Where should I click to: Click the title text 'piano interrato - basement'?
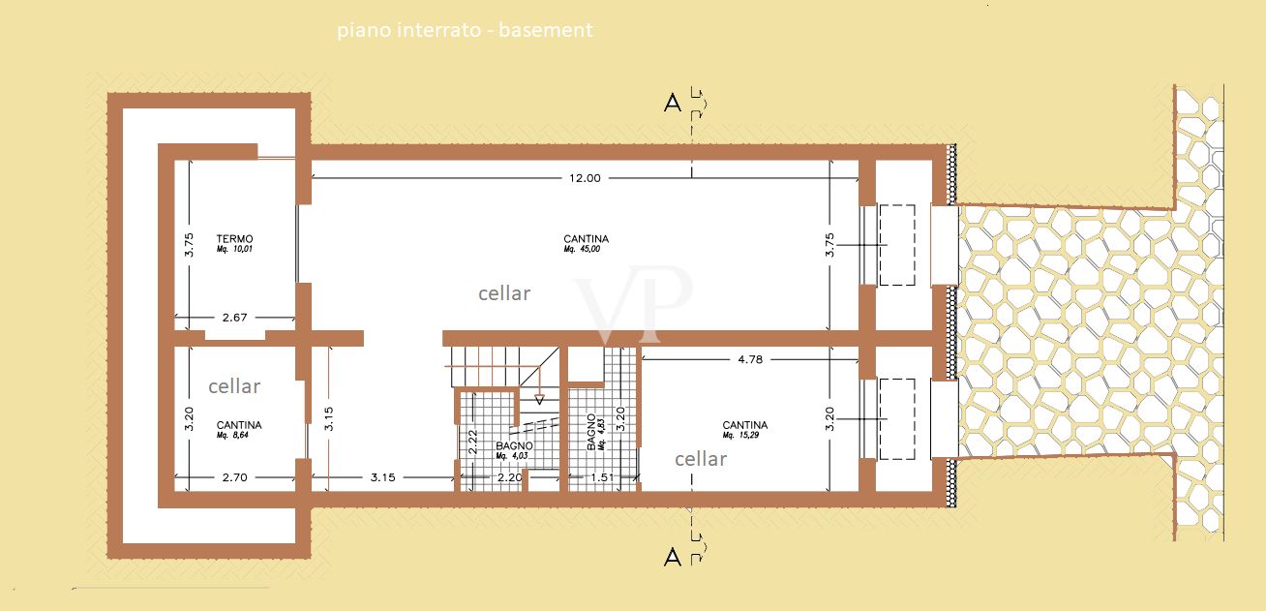click(465, 29)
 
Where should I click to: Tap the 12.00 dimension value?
click(585, 178)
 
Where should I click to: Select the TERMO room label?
click(234, 238)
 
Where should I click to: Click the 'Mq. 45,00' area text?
click(582, 249)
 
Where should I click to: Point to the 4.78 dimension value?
click(750, 359)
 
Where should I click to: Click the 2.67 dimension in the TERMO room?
click(234, 317)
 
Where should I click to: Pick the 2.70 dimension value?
click(234, 477)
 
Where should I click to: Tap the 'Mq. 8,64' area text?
click(232, 435)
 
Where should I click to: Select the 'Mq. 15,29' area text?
click(740, 435)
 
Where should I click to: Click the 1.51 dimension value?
click(602, 477)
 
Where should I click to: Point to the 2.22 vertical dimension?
click(473, 442)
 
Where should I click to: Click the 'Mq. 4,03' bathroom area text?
click(512, 455)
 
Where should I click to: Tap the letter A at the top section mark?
click(673, 103)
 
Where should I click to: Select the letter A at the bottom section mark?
click(673, 558)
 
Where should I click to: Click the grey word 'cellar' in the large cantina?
click(504, 293)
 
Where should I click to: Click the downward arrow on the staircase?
click(539, 400)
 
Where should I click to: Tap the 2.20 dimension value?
click(510, 477)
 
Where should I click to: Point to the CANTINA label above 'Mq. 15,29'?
click(745, 424)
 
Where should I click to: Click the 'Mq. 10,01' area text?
click(234, 249)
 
